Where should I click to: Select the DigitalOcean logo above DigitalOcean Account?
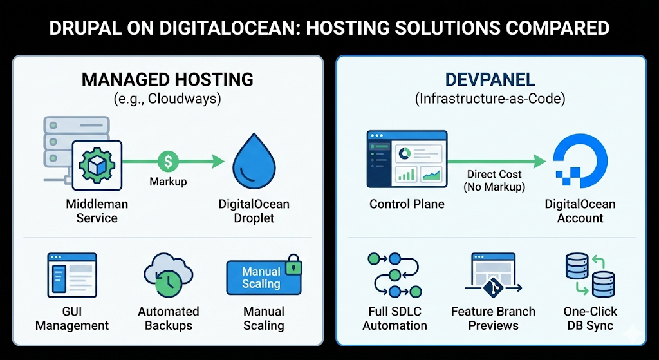(580, 163)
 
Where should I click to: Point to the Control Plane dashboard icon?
(407, 158)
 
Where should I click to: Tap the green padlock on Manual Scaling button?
(293, 265)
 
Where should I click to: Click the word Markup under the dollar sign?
(168, 182)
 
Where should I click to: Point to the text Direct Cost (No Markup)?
(495, 180)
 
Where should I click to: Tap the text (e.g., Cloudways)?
(167, 100)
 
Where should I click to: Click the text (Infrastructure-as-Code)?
(490, 100)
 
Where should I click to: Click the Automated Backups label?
(168, 318)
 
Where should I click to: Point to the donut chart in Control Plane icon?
(405, 153)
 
